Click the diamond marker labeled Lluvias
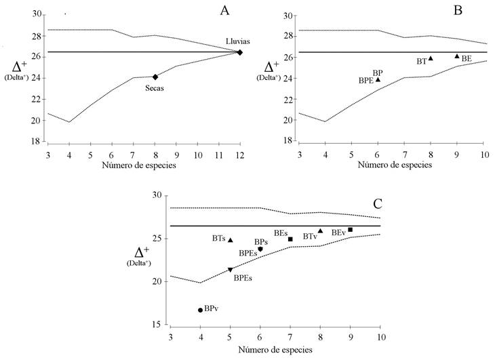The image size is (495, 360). tap(240, 52)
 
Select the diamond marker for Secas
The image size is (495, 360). tap(155, 77)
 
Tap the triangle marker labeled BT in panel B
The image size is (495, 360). tap(431, 58)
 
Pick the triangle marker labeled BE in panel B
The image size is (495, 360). tap(457, 56)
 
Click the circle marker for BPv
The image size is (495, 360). tap(200, 310)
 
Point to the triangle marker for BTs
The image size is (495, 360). tap(231, 240)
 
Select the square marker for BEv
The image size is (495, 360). tap(350, 230)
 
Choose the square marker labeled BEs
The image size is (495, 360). tap(290, 239)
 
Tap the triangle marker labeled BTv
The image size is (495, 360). tap(320, 231)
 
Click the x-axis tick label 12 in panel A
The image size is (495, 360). tap(239, 155)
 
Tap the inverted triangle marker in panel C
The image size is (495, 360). tap(231, 270)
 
